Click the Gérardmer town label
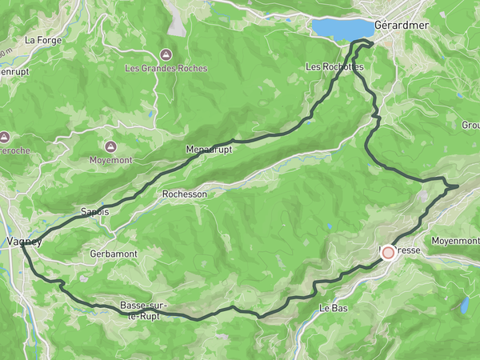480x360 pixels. click(x=402, y=26)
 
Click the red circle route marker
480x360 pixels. click(x=388, y=252)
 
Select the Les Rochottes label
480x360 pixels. click(x=334, y=67)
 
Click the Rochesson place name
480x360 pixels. click(x=184, y=194)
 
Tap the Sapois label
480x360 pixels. click(x=94, y=212)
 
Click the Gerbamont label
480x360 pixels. click(x=113, y=254)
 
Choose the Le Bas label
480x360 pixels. click(x=332, y=308)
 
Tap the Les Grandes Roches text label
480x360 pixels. click(x=166, y=69)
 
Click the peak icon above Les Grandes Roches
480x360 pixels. click(x=166, y=54)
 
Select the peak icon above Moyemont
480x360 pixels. click(x=110, y=147)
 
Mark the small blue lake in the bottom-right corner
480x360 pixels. click(x=465, y=305)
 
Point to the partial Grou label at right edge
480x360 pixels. click(x=470, y=126)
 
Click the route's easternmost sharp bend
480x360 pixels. click(x=457, y=186)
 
